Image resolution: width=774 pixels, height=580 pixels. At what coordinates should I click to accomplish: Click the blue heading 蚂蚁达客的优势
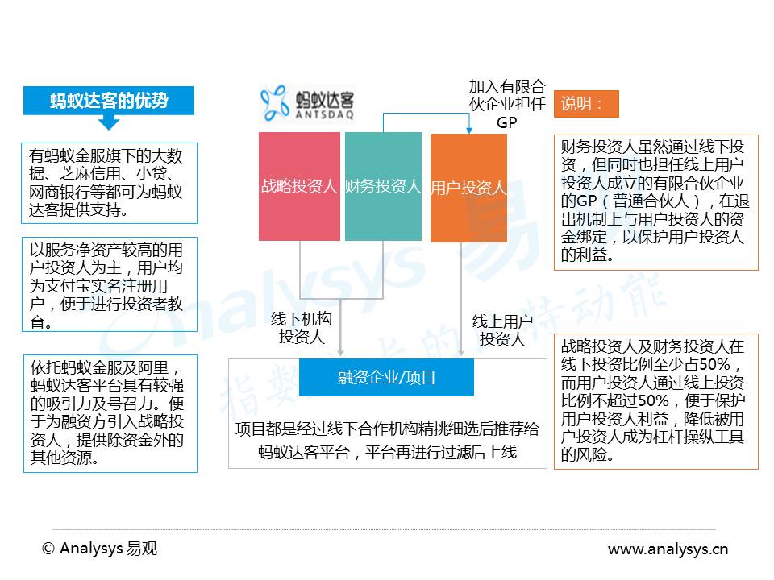(x=109, y=101)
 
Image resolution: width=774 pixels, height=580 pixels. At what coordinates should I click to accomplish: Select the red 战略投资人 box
(x=299, y=187)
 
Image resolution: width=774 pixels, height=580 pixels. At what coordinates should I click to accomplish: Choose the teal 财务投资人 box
(x=383, y=187)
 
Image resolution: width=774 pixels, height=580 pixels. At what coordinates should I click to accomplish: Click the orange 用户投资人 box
(x=468, y=187)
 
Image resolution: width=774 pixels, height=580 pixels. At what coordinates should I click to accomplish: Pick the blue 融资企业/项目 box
(x=386, y=377)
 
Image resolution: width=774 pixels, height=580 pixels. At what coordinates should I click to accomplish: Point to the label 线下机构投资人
(x=302, y=329)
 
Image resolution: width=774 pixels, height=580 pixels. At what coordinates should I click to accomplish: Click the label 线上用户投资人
(x=502, y=330)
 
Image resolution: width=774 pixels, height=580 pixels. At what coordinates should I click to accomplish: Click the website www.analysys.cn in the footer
(x=668, y=549)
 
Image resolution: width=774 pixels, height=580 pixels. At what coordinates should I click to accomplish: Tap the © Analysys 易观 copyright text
(x=99, y=549)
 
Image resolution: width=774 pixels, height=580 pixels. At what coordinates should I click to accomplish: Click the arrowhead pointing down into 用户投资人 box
(x=468, y=130)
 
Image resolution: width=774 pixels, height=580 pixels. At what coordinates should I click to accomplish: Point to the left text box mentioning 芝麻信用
(x=109, y=183)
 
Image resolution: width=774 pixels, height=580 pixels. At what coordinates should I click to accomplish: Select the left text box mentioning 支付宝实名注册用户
(x=109, y=284)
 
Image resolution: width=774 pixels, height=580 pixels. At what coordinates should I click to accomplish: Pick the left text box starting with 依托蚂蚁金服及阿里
(x=109, y=413)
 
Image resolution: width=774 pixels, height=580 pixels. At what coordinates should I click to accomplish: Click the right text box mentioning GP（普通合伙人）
(x=655, y=201)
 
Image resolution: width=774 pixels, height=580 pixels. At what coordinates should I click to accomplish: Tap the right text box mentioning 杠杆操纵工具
(x=655, y=400)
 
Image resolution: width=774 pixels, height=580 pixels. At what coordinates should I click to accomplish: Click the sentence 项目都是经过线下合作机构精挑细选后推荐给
(x=386, y=429)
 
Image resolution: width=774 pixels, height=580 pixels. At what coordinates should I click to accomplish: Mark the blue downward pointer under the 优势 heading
(x=109, y=123)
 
